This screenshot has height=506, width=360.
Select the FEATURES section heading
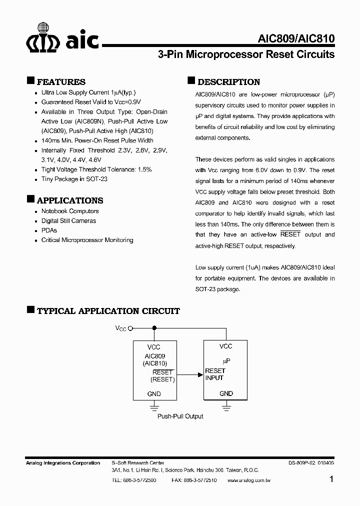(61, 82)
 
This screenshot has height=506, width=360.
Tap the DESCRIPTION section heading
(228, 82)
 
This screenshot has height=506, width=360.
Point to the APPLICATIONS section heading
(70, 200)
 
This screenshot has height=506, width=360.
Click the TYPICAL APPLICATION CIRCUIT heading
(108, 310)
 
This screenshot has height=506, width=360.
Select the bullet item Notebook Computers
(70, 211)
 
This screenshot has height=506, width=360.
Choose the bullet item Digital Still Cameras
(68, 220)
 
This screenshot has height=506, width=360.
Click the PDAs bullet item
(49, 230)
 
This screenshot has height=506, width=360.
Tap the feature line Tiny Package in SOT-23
(74, 179)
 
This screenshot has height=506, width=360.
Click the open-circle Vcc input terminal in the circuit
(130, 328)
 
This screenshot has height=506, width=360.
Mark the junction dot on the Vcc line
(154, 328)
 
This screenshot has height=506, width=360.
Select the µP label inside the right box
(226, 360)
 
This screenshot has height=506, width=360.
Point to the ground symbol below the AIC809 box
(154, 407)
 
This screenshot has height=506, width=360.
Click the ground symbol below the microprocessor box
(226, 407)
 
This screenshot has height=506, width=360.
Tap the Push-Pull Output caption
(180, 416)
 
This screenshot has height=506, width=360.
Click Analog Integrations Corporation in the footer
(63, 463)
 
